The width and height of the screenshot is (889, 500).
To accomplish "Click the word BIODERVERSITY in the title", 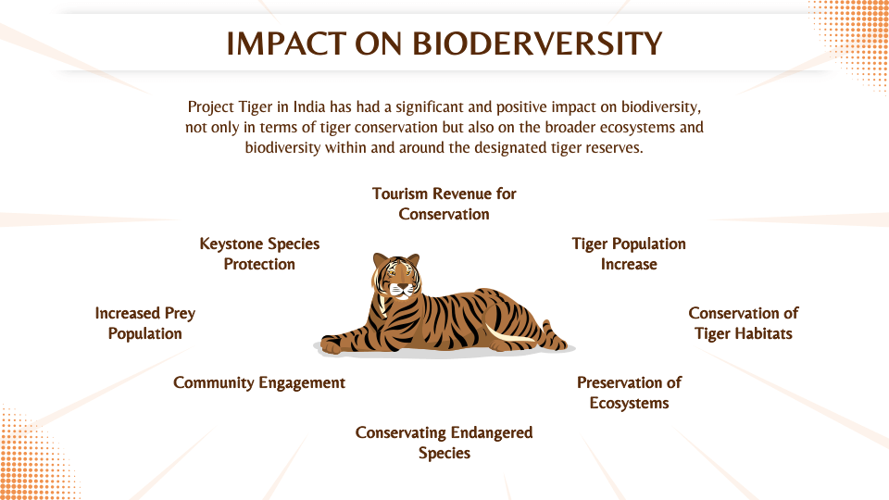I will (537, 44).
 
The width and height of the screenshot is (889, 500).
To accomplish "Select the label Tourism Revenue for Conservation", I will (444, 204).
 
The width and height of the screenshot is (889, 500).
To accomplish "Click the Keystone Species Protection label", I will (259, 254).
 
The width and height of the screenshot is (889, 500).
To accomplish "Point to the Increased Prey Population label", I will (145, 323).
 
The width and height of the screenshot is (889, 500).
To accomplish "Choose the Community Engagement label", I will (259, 382).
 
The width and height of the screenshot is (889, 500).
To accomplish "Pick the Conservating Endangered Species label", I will (444, 443).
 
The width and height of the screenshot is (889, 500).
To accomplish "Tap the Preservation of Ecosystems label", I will (629, 393).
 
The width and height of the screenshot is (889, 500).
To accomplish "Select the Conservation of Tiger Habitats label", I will (743, 323).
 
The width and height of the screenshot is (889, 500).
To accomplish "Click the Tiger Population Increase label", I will (629, 254).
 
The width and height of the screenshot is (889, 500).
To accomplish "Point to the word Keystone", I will (232, 244).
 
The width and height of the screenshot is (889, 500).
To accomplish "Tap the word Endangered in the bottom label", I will (492, 432).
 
